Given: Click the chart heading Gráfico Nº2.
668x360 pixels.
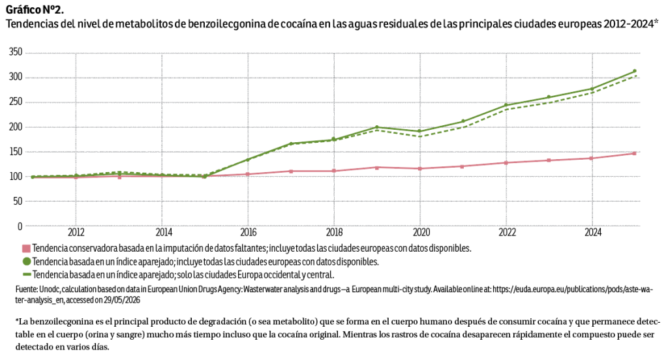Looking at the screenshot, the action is click(x=35, y=10).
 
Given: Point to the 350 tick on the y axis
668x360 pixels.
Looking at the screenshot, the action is click(x=16, y=52).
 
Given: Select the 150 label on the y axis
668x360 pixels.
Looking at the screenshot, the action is click(x=16, y=152).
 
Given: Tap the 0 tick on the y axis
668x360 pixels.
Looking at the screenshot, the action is click(x=20, y=226).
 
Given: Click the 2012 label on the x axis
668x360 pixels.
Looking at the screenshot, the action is click(x=76, y=232).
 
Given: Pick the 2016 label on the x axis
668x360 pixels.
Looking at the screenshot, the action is click(x=249, y=232).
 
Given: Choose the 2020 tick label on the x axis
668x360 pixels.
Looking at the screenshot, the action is click(x=421, y=232).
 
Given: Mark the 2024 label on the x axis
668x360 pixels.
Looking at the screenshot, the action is click(x=592, y=232).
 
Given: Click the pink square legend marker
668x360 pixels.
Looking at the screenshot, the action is click(x=26, y=248).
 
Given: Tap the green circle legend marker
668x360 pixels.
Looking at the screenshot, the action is click(x=26, y=261).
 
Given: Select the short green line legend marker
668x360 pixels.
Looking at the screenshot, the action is click(x=26, y=275).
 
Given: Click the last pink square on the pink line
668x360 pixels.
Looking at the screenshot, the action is click(x=634, y=153).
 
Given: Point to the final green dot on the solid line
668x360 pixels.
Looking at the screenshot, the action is click(x=634, y=71).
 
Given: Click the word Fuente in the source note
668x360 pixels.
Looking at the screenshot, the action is click(x=26, y=290).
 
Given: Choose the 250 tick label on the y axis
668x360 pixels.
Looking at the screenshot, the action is click(x=16, y=102).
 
